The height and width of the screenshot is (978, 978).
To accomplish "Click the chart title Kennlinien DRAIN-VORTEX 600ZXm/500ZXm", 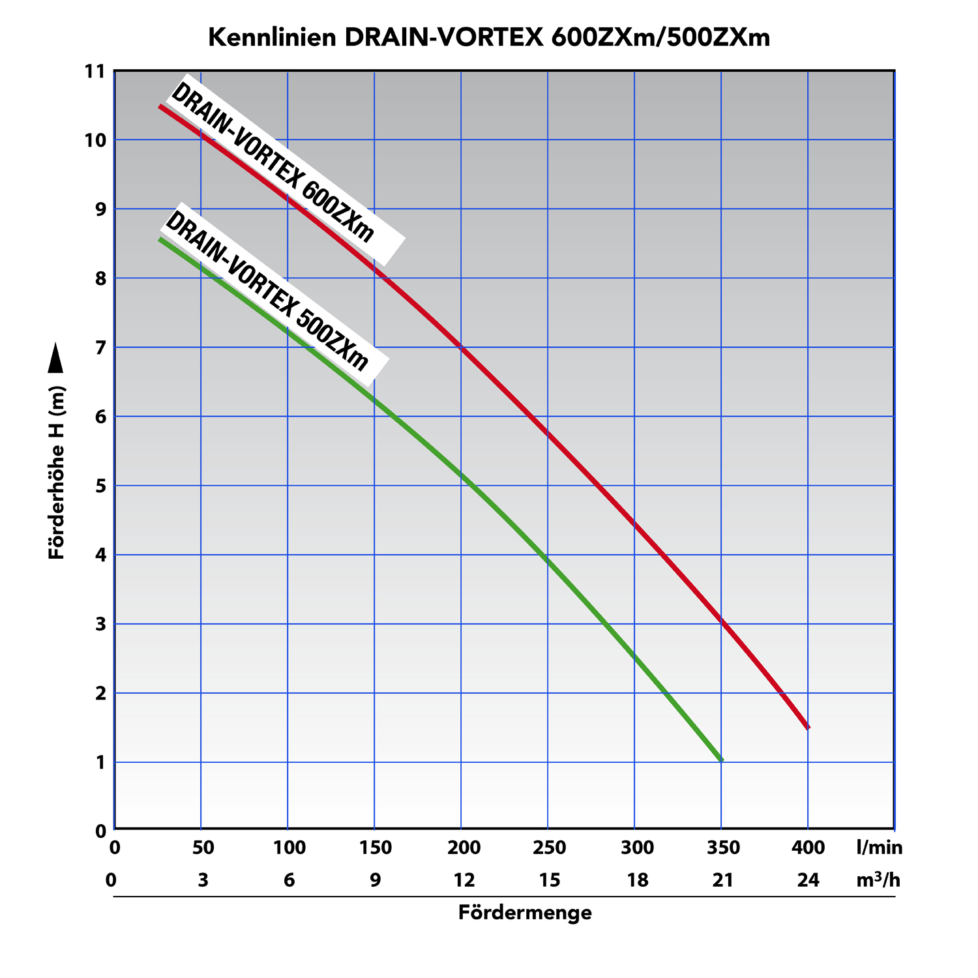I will (x=489, y=38).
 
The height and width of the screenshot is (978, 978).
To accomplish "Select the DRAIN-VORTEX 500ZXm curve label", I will (x=267, y=291).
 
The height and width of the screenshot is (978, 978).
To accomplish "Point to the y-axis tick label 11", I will (x=95, y=71).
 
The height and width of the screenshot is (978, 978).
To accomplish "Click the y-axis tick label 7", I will (x=100, y=348).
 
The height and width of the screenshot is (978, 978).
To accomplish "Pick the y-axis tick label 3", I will (x=100, y=624).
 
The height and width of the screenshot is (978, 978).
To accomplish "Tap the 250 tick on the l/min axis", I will (x=549, y=848).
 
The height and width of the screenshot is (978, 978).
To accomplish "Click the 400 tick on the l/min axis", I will (x=808, y=848).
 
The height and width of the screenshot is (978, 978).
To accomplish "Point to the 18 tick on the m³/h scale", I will (x=637, y=881).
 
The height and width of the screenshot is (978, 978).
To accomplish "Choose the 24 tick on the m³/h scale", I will (x=808, y=881).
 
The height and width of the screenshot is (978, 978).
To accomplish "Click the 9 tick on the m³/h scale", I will (x=375, y=881).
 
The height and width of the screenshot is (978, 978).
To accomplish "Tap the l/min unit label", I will (x=879, y=848).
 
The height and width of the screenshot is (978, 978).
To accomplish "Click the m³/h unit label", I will (x=878, y=880).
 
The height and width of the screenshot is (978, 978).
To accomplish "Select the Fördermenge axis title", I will (x=525, y=913).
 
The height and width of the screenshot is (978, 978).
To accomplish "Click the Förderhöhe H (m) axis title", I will (x=57, y=473).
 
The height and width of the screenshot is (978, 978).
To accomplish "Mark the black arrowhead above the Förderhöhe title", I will (x=57, y=358).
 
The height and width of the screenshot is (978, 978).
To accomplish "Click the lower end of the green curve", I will (x=721, y=760).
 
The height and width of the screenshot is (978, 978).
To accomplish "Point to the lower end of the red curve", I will (x=808, y=727).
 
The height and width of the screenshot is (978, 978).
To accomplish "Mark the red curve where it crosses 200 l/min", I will (x=461, y=348).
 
